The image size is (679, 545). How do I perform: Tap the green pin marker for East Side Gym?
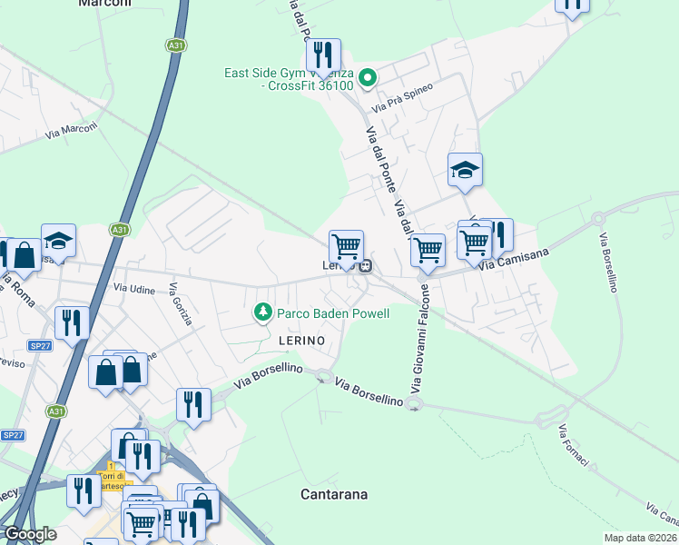[x=368, y=78]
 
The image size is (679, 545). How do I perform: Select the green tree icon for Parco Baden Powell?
[x=263, y=313]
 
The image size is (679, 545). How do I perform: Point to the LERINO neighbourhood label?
[x=289, y=338]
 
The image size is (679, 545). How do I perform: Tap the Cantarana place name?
[x=334, y=494]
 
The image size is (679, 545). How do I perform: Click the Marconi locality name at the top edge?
[x=105, y=4]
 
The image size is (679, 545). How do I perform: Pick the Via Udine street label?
[x=134, y=287]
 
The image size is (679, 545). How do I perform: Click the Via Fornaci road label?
[x=574, y=446]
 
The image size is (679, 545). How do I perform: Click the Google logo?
[x=30, y=534]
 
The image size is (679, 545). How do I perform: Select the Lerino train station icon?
[x=365, y=266]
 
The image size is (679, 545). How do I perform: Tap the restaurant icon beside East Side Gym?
[x=322, y=55]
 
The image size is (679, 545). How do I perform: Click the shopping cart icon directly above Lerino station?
[x=346, y=246]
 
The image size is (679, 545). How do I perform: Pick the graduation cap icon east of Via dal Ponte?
[x=465, y=169]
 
